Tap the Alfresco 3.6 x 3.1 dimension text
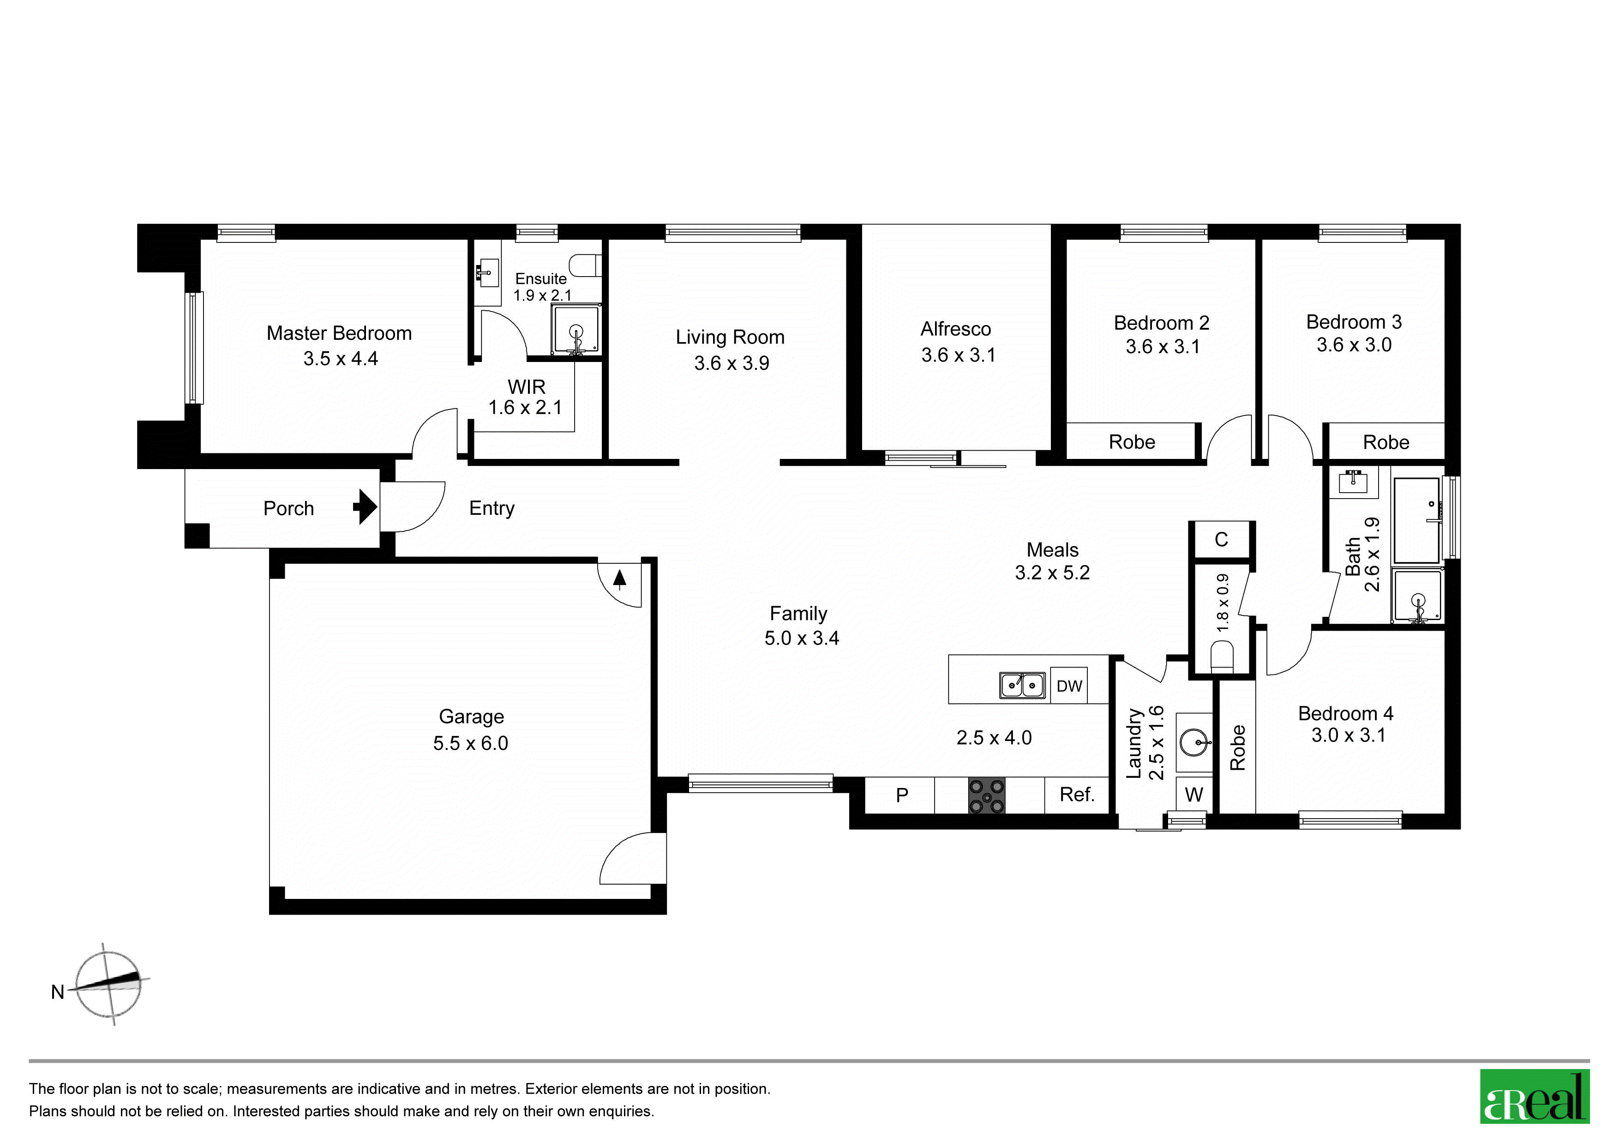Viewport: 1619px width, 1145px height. click(x=958, y=355)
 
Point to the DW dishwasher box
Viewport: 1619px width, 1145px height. click(x=1069, y=685)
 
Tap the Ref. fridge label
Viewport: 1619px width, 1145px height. click(x=1077, y=795)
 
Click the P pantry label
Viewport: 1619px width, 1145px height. click(x=902, y=795)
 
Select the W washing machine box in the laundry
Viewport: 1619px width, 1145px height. click(x=1194, y=795)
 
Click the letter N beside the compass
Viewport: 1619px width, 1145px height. click(x=58, y=992)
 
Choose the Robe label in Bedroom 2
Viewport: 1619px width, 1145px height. click(x=1132, y=442)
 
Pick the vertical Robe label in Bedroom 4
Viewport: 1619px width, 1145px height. click(x=1237, y=747)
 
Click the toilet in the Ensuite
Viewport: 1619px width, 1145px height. click(x=585, y=265)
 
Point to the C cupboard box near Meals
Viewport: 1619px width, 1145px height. click(x=1221, y=540)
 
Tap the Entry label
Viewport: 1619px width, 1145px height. click(x=492, y=509)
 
